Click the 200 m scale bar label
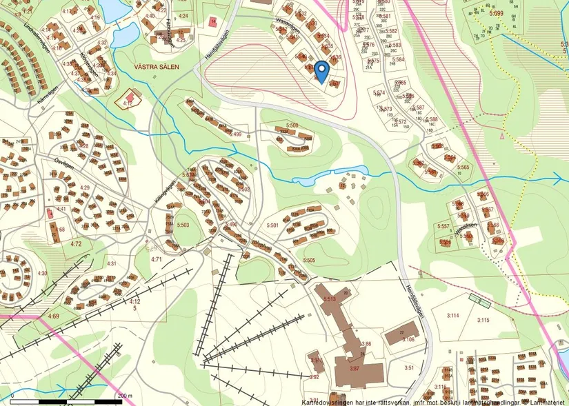pos(125,396)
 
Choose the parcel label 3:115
pos(483,320)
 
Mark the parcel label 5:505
pos(308,260)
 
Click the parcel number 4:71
pos(156,259)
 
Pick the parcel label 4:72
pos(76,244)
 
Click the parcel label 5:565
pos(462,168)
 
